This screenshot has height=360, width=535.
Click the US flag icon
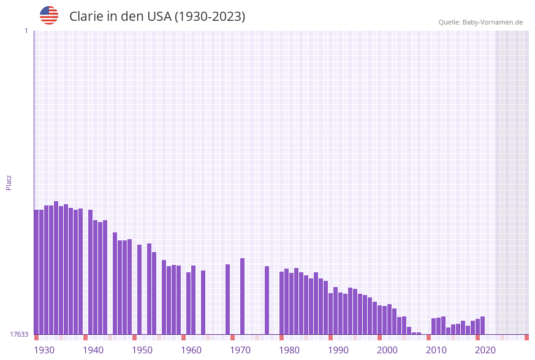(49, 15)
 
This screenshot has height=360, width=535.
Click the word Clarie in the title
(86, 17)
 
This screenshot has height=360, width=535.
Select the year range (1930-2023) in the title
(210, 17)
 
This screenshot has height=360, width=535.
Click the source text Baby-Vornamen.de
(493, 22)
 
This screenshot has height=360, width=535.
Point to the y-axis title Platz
(9, 182)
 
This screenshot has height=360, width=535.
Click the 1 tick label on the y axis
(26, 31)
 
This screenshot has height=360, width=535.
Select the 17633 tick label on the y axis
(18, 334)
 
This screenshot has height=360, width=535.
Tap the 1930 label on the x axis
(44, 350)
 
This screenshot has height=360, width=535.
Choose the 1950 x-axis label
(142, 350)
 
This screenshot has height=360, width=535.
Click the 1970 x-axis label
(240, 350)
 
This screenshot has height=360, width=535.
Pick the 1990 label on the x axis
(338, 350)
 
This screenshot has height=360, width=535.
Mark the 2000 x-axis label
(387, 350)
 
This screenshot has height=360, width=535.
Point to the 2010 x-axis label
(436, 350)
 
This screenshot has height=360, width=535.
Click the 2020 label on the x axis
(485, 350)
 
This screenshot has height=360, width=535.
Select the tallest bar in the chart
(56, 267)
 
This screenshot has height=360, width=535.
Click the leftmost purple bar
(36, 272)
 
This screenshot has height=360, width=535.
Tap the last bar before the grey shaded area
(483, 325)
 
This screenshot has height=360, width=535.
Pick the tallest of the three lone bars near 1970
(242, 296)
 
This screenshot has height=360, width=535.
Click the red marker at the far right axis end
(526, 337)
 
